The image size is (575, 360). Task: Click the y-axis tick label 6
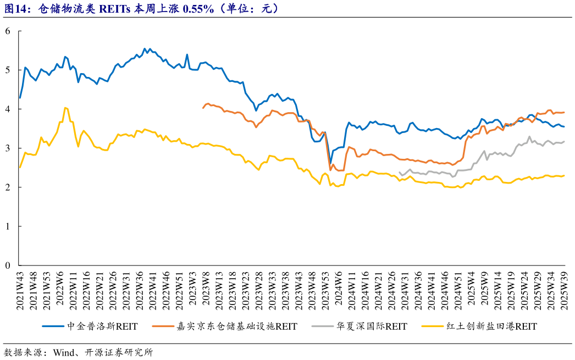[8, 31]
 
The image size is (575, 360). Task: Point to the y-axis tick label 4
[8, 109]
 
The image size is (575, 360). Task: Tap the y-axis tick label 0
[8, 265]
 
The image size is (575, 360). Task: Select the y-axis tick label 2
[8, 187]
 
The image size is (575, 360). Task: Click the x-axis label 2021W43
[20, 291]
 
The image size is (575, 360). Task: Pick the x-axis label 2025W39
[564, 291]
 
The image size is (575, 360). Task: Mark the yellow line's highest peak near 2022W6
[65, 108]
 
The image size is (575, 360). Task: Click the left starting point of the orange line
[203, 108]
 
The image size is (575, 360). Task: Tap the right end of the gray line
[564, 142]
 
